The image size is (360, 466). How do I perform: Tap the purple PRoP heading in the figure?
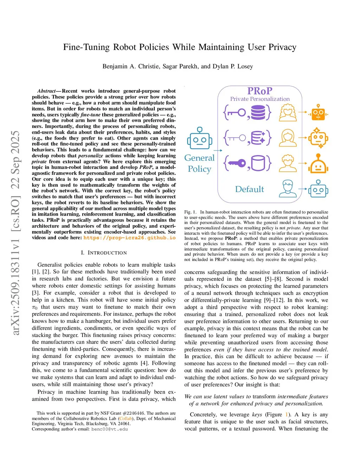tap(260, 91)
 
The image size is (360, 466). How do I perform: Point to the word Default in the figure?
tap(249, 189)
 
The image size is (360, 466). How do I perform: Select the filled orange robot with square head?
tap(318, 113)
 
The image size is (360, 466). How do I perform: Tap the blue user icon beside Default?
tap(288, 189)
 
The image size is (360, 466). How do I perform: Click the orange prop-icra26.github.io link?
tap(129, 238)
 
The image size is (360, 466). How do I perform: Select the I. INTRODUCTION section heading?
tap(104, 253)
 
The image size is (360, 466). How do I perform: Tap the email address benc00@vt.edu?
tap(110, 429)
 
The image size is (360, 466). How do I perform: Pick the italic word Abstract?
tap(46, 91)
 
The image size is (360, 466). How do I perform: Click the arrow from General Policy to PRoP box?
tap(218, 151)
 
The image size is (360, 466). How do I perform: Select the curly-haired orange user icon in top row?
tap(288, 113)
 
